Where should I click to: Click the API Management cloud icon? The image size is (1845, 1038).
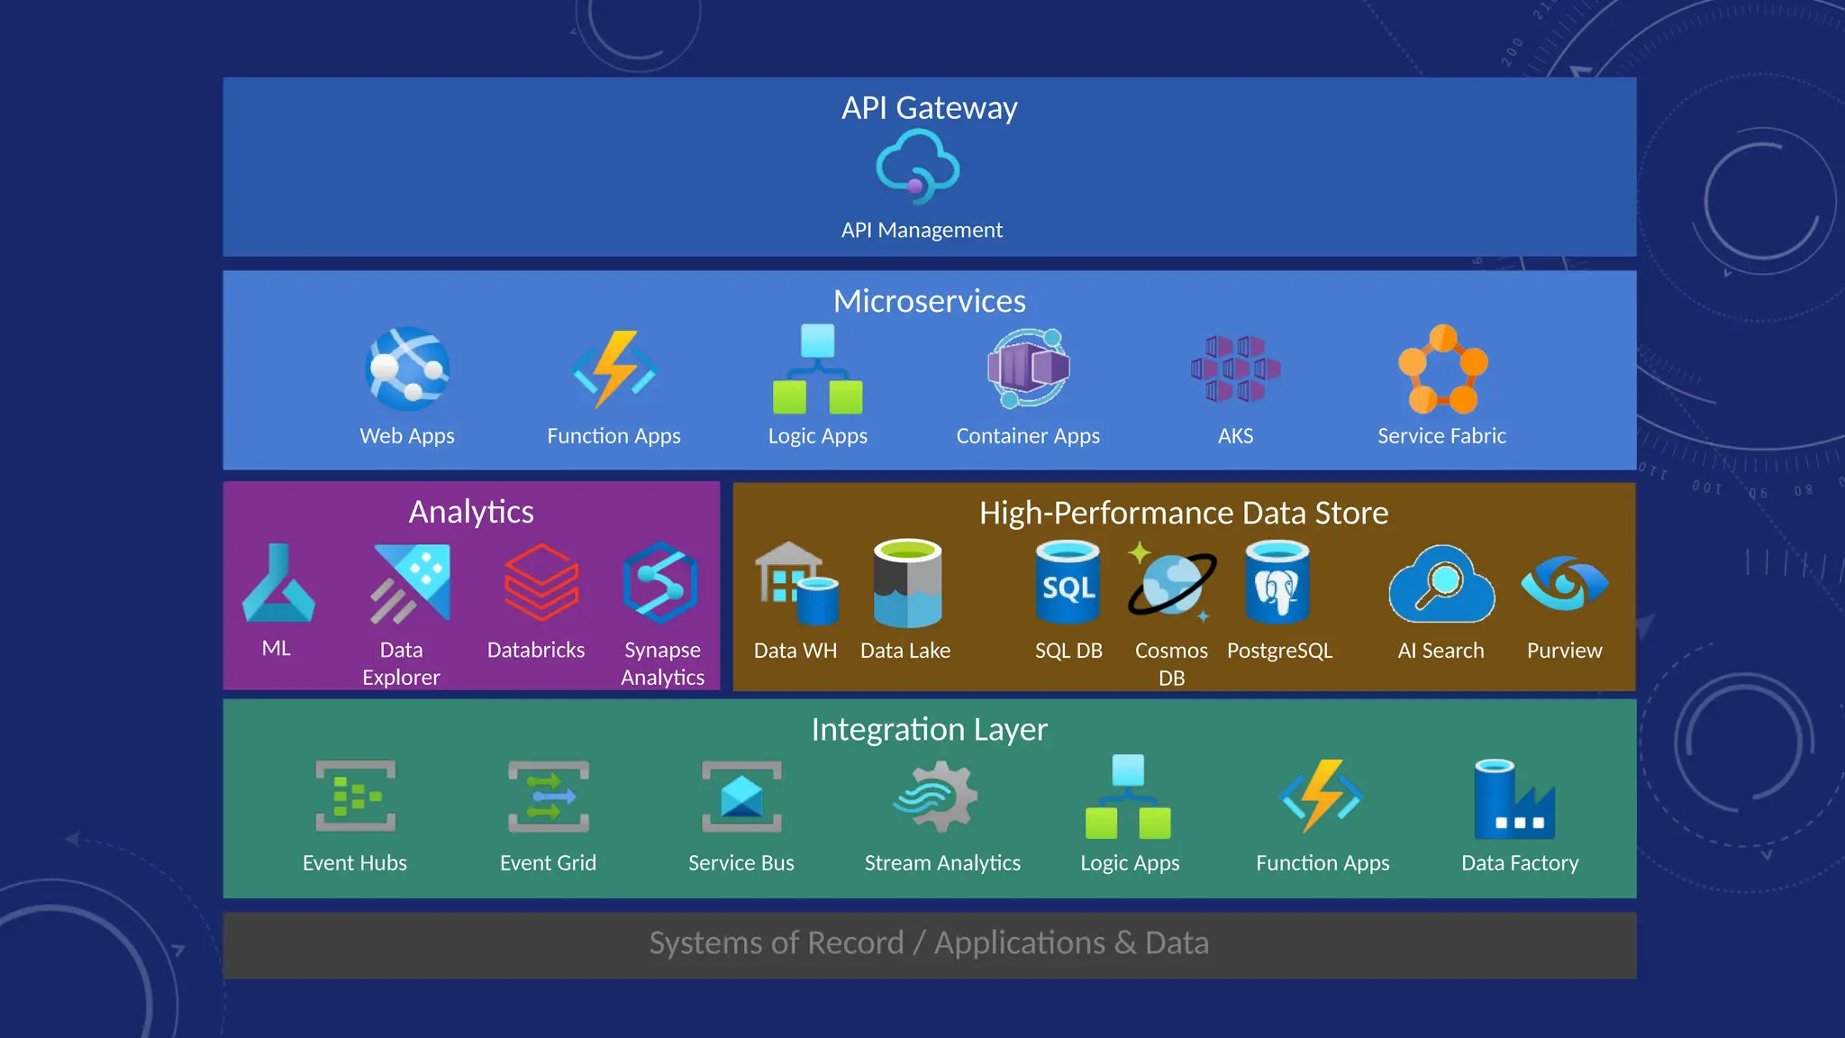click(917, 167)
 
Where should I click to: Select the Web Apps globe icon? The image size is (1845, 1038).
click(407, 369)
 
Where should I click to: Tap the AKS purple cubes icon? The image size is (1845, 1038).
click(1235, 368)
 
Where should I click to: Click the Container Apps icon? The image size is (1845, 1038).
click(1028, 368)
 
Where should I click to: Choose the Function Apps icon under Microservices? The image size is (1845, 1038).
click(614, 369)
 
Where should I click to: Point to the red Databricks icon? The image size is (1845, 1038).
click(541, 583)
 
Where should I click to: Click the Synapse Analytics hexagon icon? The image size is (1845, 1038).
click(660, 583)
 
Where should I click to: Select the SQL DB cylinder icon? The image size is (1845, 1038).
click(1068, 583)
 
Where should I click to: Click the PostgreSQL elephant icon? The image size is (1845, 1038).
click(1277, 583)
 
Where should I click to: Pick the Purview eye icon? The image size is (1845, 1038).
click(1564, 583)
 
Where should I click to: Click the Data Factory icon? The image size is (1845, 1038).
click(1514, 799)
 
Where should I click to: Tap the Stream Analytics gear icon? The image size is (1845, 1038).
click(936, 797)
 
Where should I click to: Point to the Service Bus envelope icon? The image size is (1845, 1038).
click(741, 797)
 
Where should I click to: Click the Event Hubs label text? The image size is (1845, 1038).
click(355, 863)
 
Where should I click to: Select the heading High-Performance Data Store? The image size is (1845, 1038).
click(1184, 513)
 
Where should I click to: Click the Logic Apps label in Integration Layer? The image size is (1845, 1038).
click(1130, 863)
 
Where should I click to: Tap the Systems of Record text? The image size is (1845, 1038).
click(777, 943)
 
